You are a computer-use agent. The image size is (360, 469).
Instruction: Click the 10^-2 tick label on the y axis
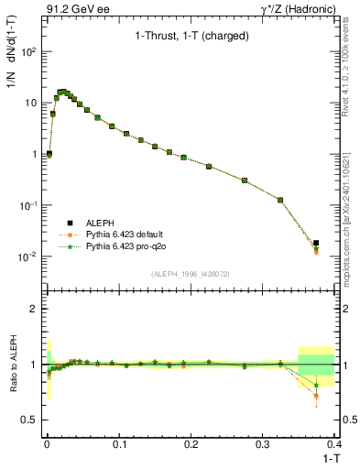click(29, 256)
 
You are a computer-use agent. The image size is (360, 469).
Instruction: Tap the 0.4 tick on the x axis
click(334, 444)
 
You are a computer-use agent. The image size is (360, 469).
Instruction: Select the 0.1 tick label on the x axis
click(118, 444)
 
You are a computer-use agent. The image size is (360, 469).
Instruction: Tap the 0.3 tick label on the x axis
click(262, 444)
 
